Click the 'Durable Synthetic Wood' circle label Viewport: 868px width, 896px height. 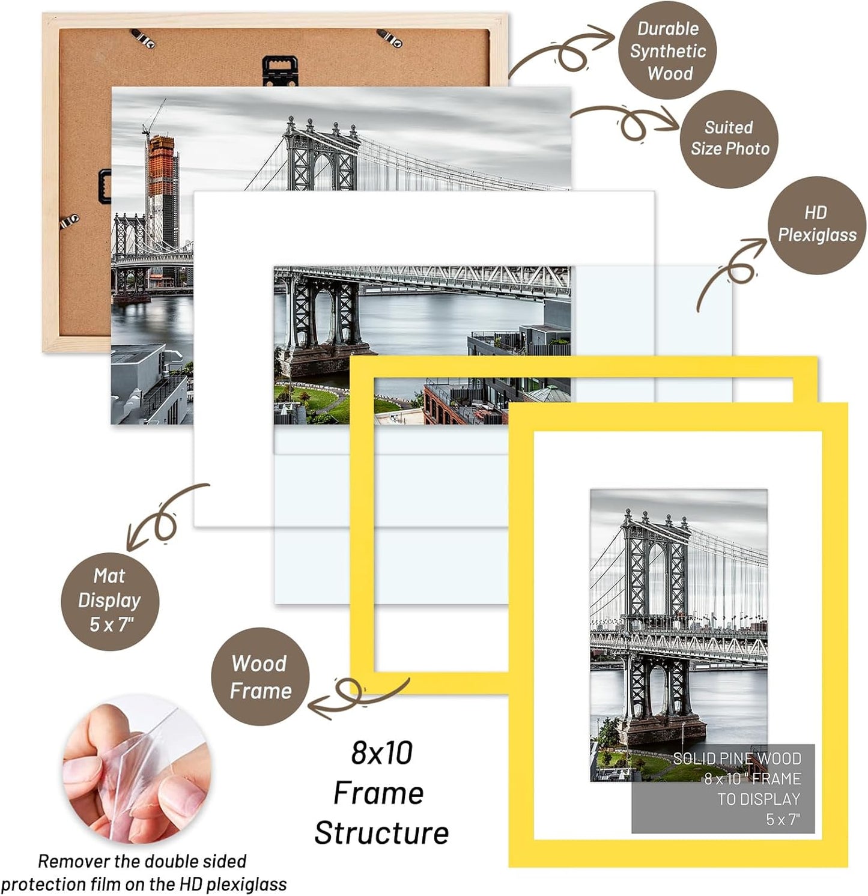667,51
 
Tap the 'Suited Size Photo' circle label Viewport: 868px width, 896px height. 729,139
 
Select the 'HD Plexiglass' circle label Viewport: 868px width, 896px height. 816,225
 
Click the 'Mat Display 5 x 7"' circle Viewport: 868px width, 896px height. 110,601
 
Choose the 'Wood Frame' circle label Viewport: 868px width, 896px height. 260,677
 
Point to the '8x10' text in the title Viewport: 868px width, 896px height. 381,753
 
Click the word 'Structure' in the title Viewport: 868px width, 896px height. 381,833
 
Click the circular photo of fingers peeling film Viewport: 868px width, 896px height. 137,770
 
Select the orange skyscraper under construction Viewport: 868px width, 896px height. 161,180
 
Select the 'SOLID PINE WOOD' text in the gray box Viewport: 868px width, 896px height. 736,758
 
